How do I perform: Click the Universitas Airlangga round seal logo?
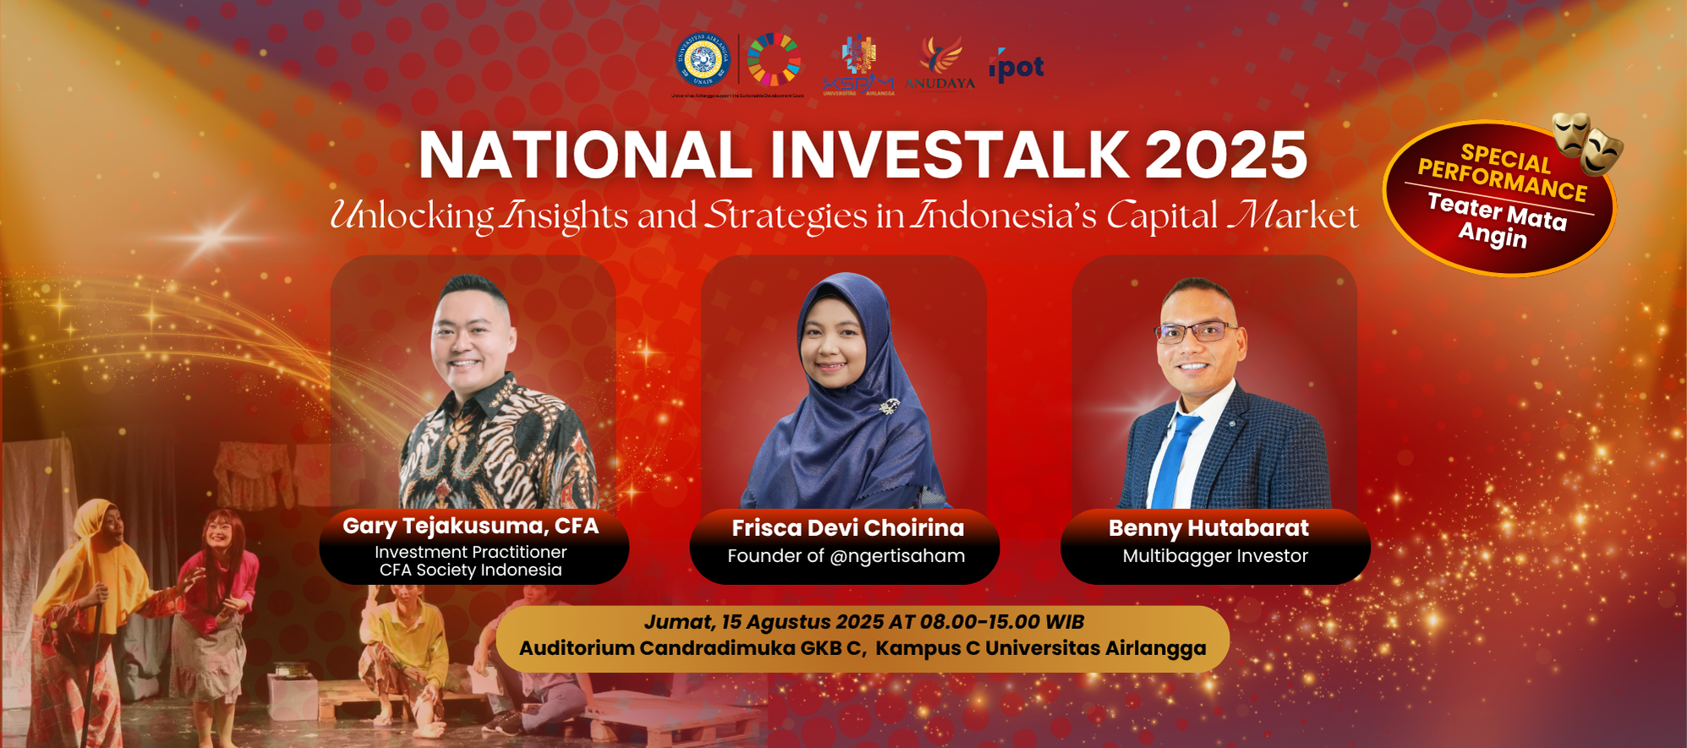[x=702, y=60]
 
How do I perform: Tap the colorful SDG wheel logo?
[x=773, y=59]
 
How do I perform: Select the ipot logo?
[x=1016, y=66]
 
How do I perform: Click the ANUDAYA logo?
[x=939, y=63]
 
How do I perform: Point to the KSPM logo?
[x=858, y=65]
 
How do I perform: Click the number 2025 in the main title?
[x=1225, y=156]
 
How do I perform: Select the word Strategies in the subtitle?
[x=786, y=216]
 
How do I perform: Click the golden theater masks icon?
[x=1587, y=142]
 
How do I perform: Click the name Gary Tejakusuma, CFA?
[x=470, y=526]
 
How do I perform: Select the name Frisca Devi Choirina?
[x=847, y=528]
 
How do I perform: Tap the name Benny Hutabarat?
[x=1208, y=528]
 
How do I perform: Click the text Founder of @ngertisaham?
[x=846, y=556]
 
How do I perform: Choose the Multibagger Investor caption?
[x=1215, y=556]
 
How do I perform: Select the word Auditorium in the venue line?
[x=577, y=648]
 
